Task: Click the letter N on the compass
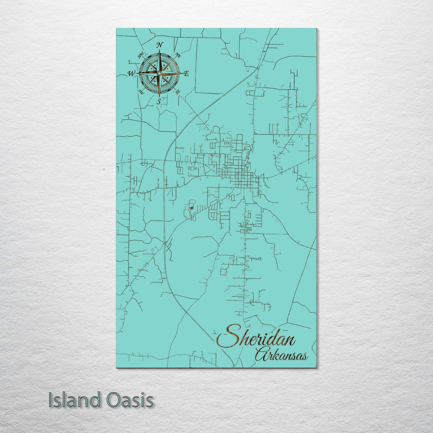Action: coord(160,45)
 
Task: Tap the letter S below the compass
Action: coord(159,101)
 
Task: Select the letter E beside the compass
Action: coord(186,73)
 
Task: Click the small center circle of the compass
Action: coord(159,73)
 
